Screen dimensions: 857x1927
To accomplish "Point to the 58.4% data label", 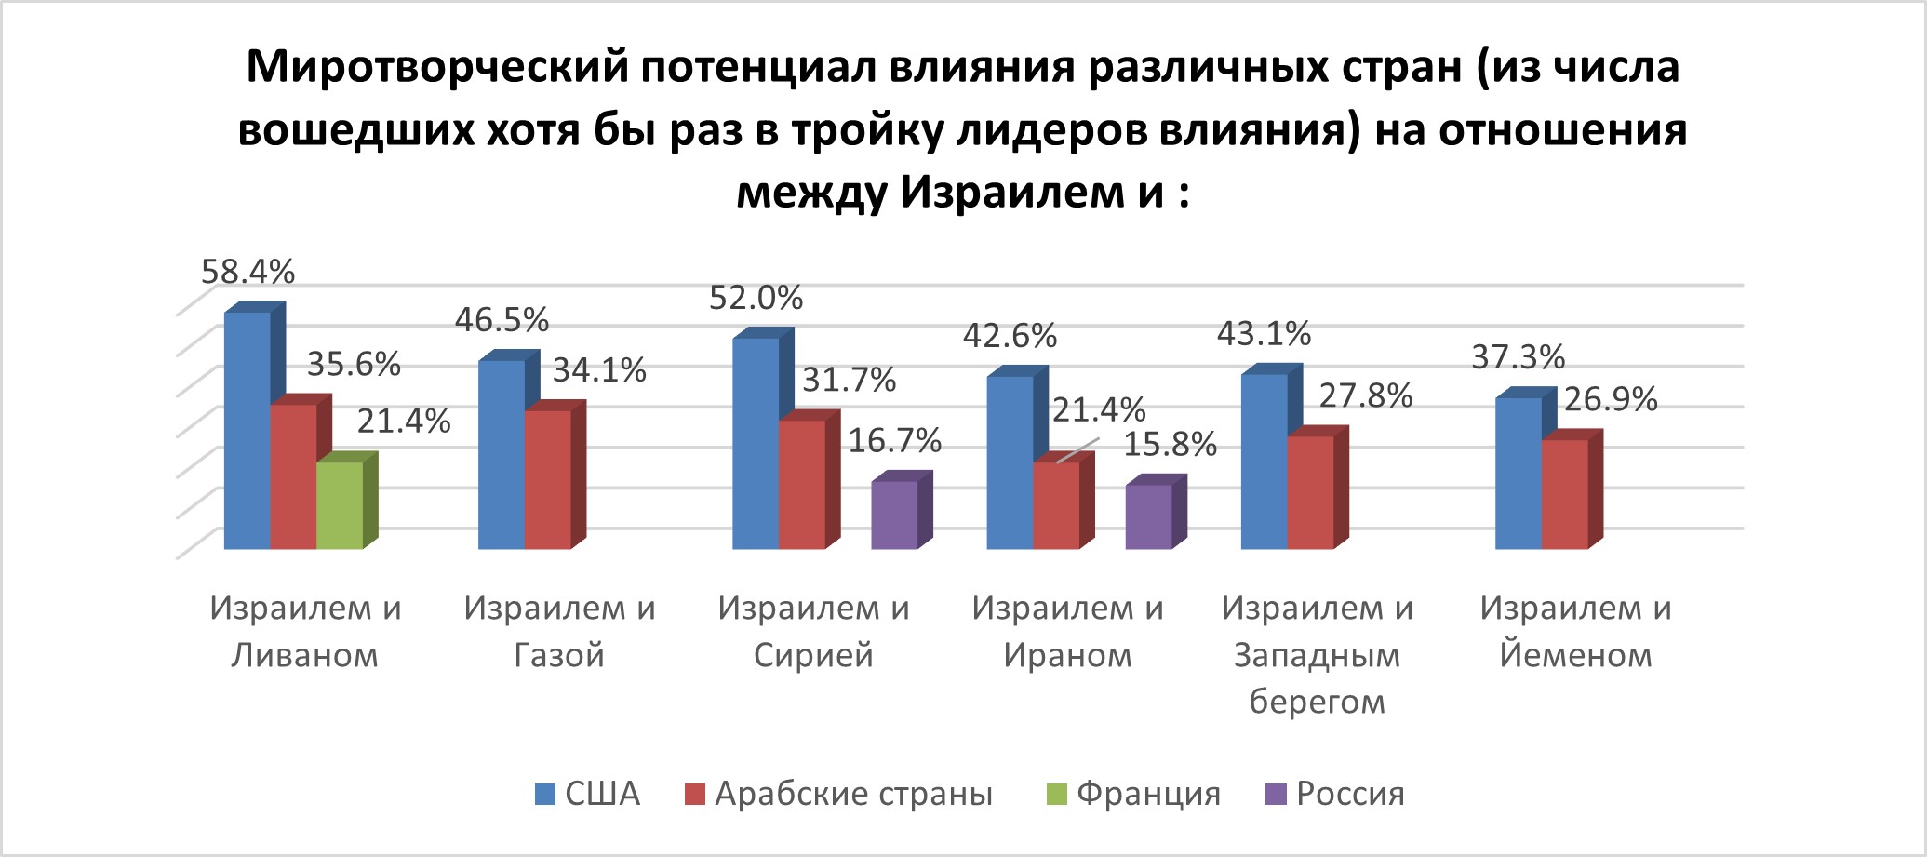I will (x=248, y=272).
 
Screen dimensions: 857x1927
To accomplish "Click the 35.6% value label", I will (x=354, y=364).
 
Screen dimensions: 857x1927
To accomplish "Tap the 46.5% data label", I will (x=502, y=320).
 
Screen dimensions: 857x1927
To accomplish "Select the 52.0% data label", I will (x=756, y=298).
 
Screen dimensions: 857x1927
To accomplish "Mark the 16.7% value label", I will (x=894, y=440).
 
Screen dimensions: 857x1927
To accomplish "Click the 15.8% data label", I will (x=1170, y=445).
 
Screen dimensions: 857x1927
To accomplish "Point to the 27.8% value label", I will (x=1365, y=395).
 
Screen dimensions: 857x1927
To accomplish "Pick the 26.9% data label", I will (x=1610, y=399).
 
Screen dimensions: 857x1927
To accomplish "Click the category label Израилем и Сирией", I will (x=813, y=631).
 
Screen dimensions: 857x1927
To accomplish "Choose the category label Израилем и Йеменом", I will (x=1575, y=631).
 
